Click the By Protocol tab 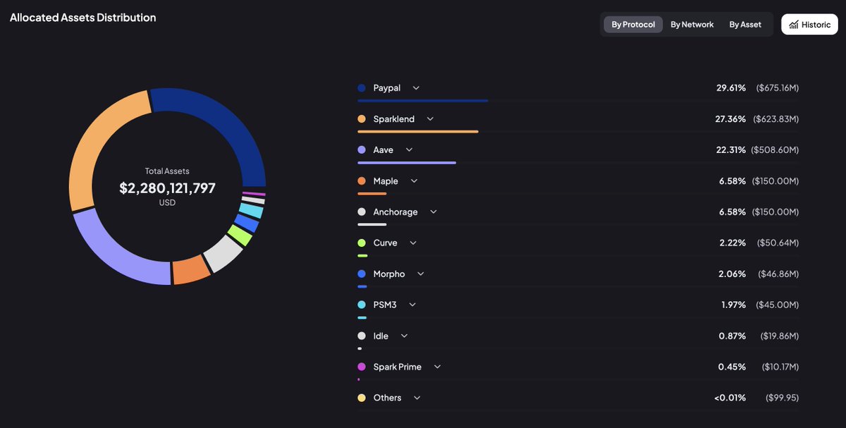point(632,25)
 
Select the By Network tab point(692,25)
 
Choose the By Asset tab point(745,25)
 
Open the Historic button point(809,25)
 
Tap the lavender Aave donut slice point(113,247)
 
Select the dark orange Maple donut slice point(191,271)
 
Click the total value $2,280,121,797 point(167,188)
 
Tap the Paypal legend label point(386,88)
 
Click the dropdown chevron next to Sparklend point(430,119)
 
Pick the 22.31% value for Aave point(730,150)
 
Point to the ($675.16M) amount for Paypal point(777,88)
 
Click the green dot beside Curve point(362,243)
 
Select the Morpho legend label point(389,274)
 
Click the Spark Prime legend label point(397,367)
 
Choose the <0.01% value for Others point(730,398)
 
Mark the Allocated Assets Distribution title point(83,18)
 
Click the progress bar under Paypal point(423,101)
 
